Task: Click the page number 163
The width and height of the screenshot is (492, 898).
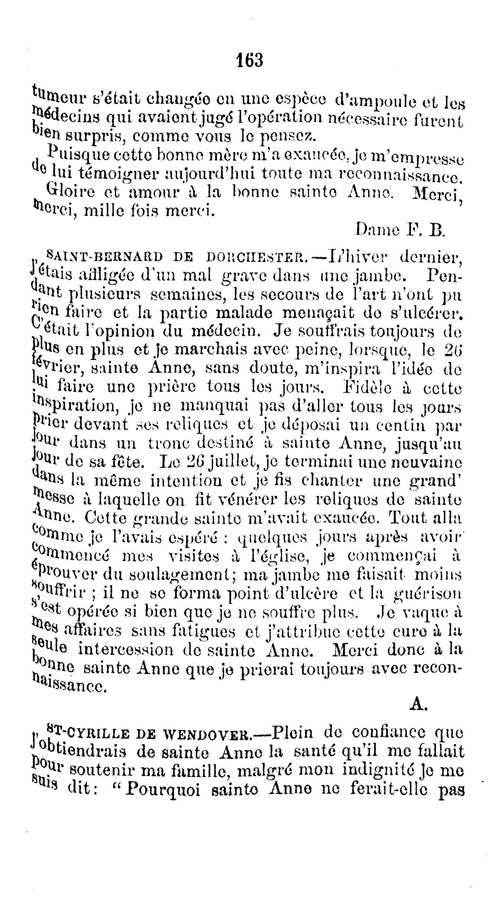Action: click(250, 60)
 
